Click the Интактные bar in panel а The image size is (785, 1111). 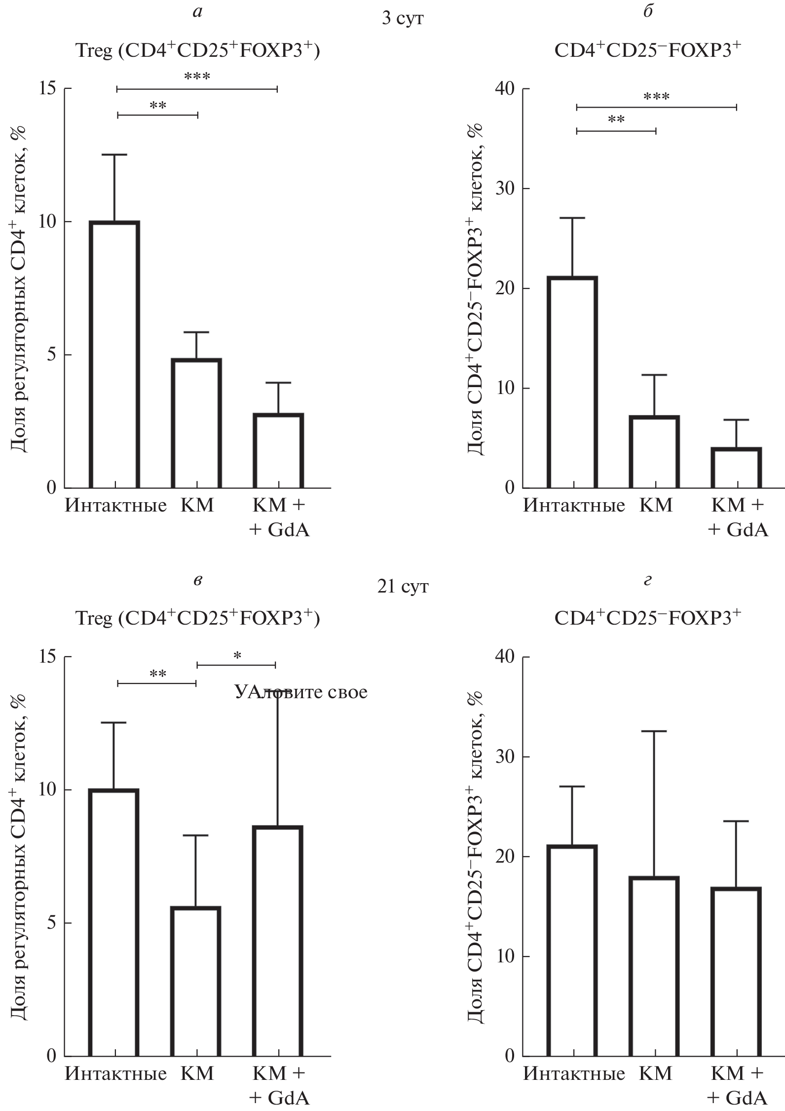click(114, 355)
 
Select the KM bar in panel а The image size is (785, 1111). click(196, 423)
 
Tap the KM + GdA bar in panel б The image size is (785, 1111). click(736, 468)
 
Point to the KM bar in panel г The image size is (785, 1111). click(654, 968)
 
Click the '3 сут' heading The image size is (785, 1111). click(403, 19)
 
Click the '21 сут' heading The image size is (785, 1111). click(403, 587)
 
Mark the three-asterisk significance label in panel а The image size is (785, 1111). click(197, 77)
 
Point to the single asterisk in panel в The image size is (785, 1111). click(237, 656)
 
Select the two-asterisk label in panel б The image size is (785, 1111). click(616, 120)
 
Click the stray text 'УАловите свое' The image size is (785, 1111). click(301, 692)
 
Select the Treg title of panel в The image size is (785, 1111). click(197, 619)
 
